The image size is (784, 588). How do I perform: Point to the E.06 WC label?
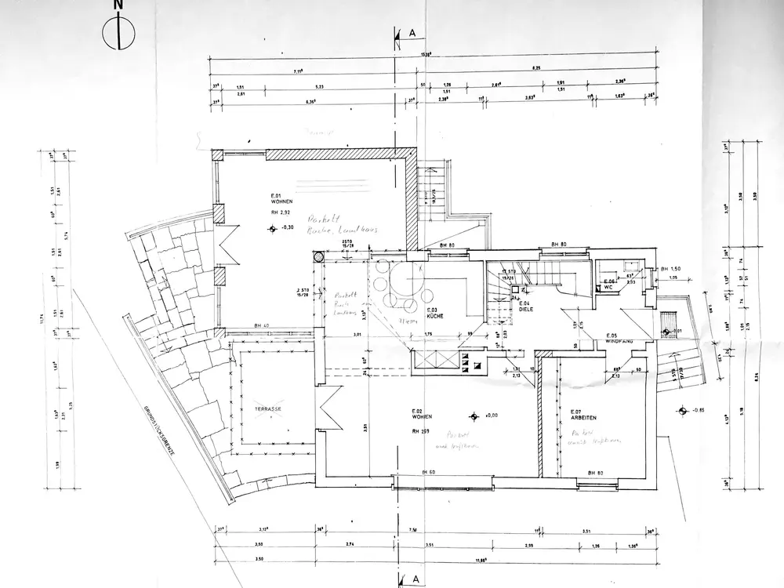(608, 284)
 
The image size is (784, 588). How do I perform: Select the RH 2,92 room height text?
(281, 212)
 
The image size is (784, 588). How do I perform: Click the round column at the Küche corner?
(319, 256)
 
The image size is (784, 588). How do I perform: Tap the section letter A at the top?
(411, 34)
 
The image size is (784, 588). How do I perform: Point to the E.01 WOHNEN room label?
(281, 198)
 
